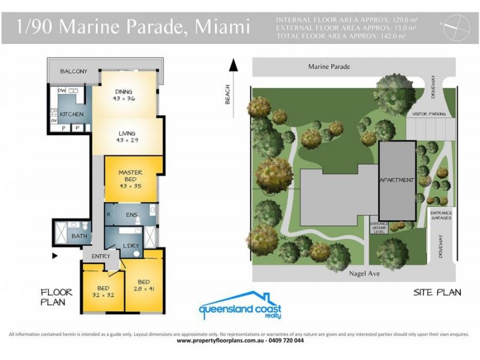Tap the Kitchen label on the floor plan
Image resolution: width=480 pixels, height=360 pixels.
[x=71, y=113]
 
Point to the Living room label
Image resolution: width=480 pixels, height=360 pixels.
[x=127, y=136]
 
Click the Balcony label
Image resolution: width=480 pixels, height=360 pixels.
[x=73, y=71]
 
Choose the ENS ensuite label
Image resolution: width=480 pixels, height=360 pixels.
[x=132, y=214]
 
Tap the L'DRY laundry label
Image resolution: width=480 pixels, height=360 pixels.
[x=131, y=247]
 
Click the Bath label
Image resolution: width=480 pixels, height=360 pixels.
[x=79, y=236]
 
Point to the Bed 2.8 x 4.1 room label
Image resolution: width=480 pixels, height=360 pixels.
[x=143, y=285]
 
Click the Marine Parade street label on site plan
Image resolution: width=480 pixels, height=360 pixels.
[x=328, y=67]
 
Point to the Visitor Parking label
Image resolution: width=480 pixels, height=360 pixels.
[x=428, y=113]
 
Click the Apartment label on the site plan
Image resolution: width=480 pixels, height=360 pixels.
[x=396, y=180]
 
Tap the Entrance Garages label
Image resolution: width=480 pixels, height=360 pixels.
[x=441, y=216]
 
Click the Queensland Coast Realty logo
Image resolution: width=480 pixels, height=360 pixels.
[x=239, y=305]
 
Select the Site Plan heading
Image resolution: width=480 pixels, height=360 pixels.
[x=437, y=293]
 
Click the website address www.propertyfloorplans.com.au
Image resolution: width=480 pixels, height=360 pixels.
[x=220, y=340]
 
